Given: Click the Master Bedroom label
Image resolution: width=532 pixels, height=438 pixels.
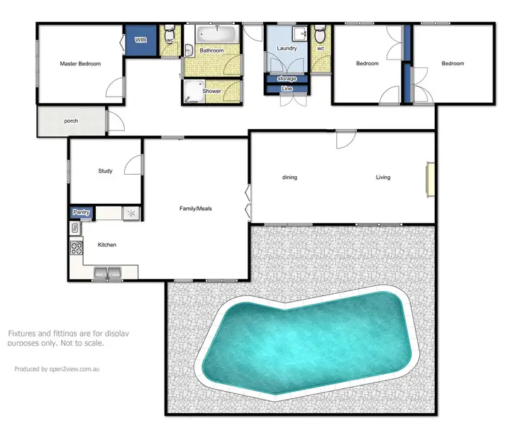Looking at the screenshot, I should [x=80, y=64].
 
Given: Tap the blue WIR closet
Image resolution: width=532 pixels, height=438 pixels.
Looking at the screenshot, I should [x=141, y=40].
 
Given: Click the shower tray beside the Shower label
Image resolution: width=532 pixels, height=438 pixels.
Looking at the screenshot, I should [x=192, y=90].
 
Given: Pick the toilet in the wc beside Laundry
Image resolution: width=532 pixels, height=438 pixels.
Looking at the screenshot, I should [x=320, y=35].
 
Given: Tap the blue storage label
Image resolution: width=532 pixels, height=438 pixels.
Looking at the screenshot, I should [x=287, y=78].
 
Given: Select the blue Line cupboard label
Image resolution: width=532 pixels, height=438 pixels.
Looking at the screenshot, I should [x=287, y=89].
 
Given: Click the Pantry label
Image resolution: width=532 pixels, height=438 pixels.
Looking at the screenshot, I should [x=81, y=212].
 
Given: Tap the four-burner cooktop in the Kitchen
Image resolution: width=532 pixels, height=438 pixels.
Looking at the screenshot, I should [x=76, y=248].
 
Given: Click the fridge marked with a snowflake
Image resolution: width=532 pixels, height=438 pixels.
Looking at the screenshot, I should [x=131, y=213].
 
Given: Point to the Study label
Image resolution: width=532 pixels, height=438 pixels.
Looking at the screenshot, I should [x=106, y=170].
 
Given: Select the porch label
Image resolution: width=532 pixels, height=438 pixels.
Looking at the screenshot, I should [x=71, y=121].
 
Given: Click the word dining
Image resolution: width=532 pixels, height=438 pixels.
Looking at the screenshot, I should [x=289, y=177].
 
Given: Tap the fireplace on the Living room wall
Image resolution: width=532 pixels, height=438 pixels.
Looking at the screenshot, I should [x=429, y=178].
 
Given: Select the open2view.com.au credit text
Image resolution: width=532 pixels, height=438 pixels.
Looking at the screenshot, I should [x=57, y=368].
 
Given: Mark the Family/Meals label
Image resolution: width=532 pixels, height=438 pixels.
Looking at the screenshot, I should [x=195, y=209].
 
